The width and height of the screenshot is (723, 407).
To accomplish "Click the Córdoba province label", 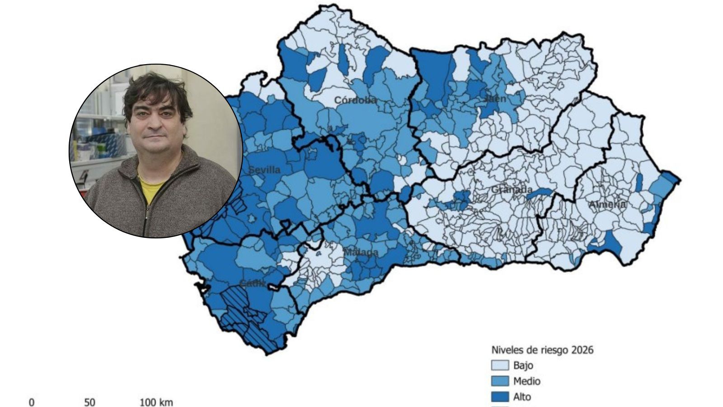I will click(x=355, y=100).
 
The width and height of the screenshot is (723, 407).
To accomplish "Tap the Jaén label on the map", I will click(x=495, y=99).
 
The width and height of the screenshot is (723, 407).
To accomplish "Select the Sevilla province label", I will click(x=265, y=170).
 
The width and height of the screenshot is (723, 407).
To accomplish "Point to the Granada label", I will click(x=512, y=189).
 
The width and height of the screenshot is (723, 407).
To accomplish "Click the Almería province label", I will click(x=607, y=204).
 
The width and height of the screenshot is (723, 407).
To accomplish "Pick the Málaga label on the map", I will click(x=361, y=252).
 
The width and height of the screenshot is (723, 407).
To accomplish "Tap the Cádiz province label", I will click(x=252, y=284).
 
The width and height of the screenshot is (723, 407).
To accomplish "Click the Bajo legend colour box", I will click(x=500, y=365).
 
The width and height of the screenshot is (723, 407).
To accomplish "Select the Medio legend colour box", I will click(x=500, y=381).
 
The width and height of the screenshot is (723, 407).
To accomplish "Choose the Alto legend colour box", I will click(x=500, y=397).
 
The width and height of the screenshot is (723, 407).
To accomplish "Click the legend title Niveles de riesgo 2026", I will click(x=542, y=350).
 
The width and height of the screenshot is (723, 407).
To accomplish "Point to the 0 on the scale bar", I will click(x=32, y=402).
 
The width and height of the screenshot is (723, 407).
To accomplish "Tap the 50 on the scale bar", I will click(x=90, y=402).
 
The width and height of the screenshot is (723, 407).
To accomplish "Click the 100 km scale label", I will click(x=156, y=402).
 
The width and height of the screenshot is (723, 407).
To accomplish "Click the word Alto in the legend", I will click(x=522, y=397).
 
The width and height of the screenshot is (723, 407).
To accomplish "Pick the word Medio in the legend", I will click(x=527, y=381).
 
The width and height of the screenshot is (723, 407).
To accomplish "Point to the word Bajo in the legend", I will click(x=523, y=365).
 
